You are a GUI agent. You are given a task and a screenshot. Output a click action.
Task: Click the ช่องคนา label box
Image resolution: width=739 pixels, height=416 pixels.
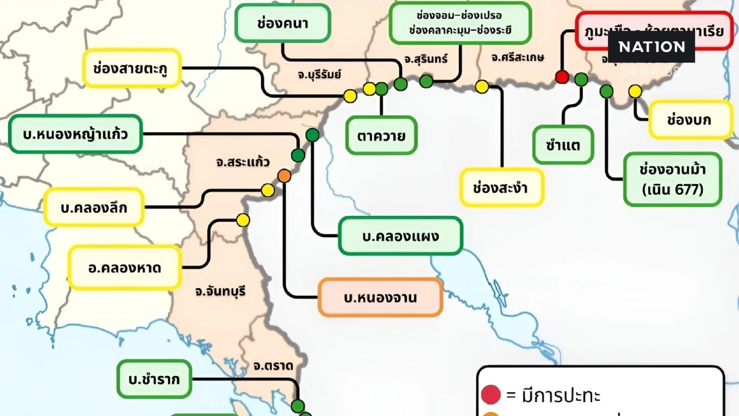point(282,23)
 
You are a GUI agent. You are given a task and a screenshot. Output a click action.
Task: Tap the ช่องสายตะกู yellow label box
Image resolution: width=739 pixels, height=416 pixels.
point(132,68)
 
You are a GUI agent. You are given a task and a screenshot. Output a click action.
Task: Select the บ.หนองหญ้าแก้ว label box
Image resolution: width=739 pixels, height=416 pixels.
point(75,134)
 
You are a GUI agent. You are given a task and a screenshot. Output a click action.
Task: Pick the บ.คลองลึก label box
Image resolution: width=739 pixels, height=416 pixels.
point(94,207)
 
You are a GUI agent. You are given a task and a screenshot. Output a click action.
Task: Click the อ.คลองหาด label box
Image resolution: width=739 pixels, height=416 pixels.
point(125,268)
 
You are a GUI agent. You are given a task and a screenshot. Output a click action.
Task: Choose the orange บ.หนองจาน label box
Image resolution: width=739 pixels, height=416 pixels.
point(380,298)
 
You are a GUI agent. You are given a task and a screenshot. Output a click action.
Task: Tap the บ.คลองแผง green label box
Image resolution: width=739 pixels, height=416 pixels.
point(401,236)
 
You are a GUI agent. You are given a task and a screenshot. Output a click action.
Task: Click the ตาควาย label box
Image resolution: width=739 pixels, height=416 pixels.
point(382,136)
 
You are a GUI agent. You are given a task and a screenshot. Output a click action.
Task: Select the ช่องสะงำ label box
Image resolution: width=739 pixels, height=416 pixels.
point(501,187)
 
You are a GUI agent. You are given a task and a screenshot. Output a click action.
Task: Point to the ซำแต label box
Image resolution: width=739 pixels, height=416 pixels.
point(563,145)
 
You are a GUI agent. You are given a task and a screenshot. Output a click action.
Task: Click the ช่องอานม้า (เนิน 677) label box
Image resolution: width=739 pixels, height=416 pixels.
point(672,179)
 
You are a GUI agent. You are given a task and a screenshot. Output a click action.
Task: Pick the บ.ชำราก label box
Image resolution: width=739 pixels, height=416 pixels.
point(154,379)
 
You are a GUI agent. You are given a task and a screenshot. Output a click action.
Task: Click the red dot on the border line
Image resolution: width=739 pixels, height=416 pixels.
point(562,77)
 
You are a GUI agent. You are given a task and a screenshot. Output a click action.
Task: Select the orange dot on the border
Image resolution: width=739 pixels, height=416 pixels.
point(284,176)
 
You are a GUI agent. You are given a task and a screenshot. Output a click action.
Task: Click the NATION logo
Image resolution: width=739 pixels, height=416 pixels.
point(651,47)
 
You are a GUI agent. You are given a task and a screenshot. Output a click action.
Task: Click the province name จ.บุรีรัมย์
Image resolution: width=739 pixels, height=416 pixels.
point(319,74)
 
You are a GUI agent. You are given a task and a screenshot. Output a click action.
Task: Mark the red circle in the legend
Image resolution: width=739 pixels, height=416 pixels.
point(491,394)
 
